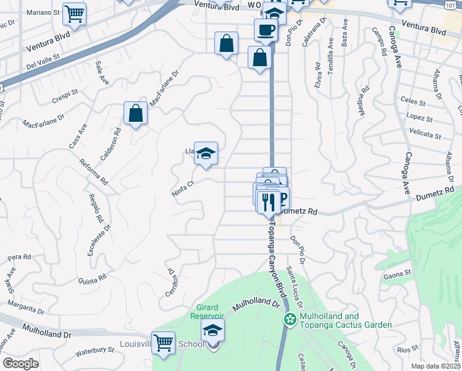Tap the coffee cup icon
pyautogui.click(x=266, y=29)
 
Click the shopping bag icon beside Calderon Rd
pyautogui.click(x=135, y=114)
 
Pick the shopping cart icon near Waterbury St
pyautogui.click(x=163, y=342)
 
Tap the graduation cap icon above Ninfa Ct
pyautogui.click(x=206, y=153)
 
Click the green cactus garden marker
pyautogui.click(x=289, y=319)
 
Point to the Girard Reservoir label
pyautogui.click(x=210, y=312)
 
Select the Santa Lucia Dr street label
pyautogui.click(x=294, y=288)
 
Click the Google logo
pyautogui.click(x=20, y=364)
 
